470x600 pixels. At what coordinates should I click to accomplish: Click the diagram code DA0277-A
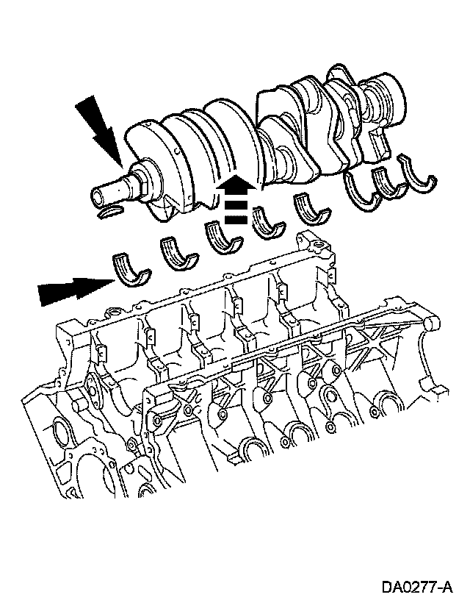[417, 586]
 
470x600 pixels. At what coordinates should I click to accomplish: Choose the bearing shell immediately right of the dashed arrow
[270, 224]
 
